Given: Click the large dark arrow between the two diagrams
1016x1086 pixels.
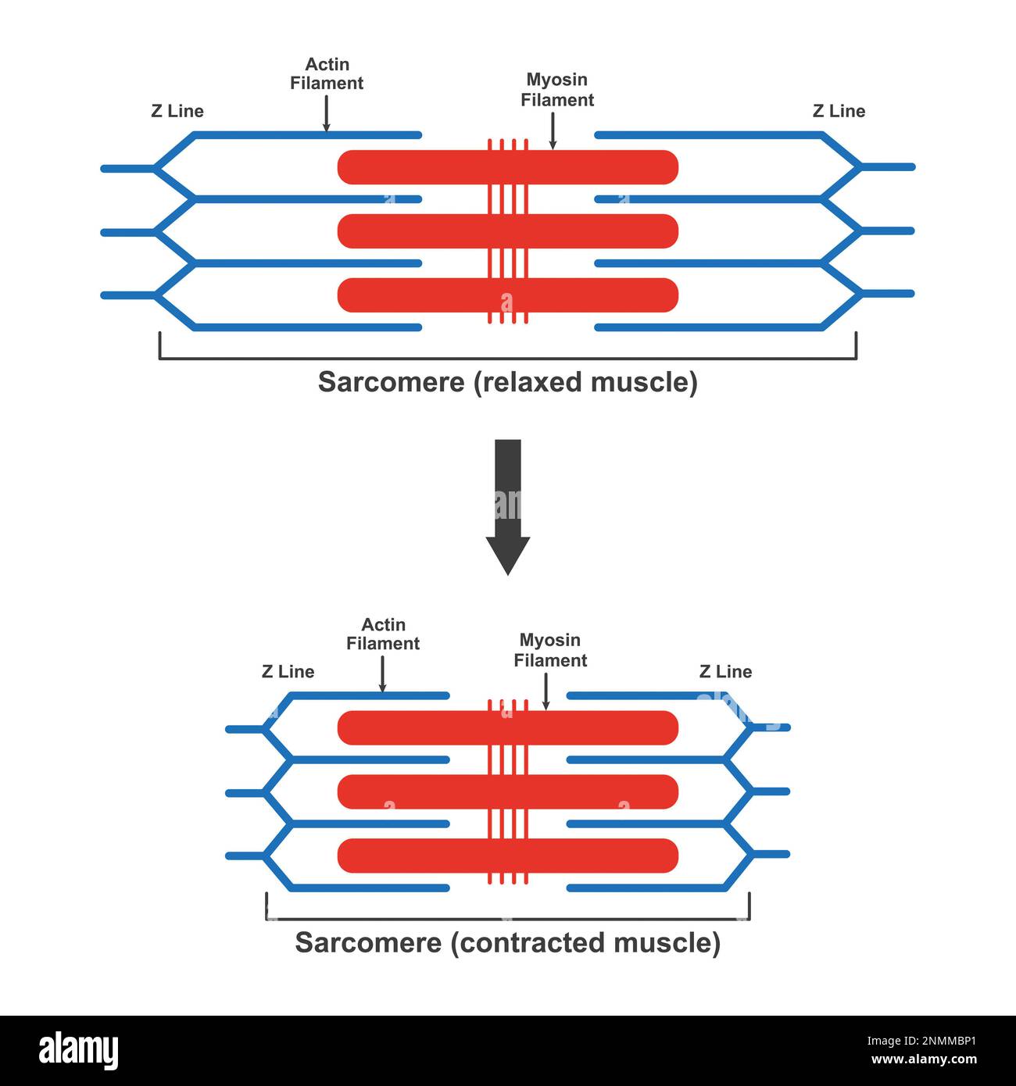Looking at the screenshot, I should pyautogui.click(x=508, y=508).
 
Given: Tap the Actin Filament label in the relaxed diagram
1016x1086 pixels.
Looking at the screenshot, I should pyautogui.click(x=327, y=74).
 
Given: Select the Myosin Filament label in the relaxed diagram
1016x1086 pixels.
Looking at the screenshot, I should pyautogui.click(x=557, y=90).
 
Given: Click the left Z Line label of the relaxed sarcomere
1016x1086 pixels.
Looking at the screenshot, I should pyautogui.click(x=177, y=111).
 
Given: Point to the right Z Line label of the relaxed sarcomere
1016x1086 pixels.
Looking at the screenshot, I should pyautogui.click(x=839, y=111).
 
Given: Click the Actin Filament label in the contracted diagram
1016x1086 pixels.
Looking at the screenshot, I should pyautogui.click(x=383, y=634).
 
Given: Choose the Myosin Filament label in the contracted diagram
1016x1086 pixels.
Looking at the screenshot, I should pyautogui.click(x=550, y=650).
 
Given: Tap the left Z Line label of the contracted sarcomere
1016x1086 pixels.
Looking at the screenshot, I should pyautogui.click(x=288, y=672).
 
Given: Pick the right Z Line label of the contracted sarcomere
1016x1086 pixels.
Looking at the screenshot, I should pyautogui.click(x=725, y=672).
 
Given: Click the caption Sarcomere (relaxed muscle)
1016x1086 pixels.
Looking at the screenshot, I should pyautogui.click(x=508, y=382).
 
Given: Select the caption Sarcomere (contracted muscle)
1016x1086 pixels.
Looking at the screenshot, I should pyautogui.click(x=508, y=942).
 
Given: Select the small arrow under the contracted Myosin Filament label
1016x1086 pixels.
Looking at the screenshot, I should pyautogui.click(x=546, y=691).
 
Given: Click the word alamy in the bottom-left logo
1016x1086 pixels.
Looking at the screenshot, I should pyautogui.click(x=79, y=1050).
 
